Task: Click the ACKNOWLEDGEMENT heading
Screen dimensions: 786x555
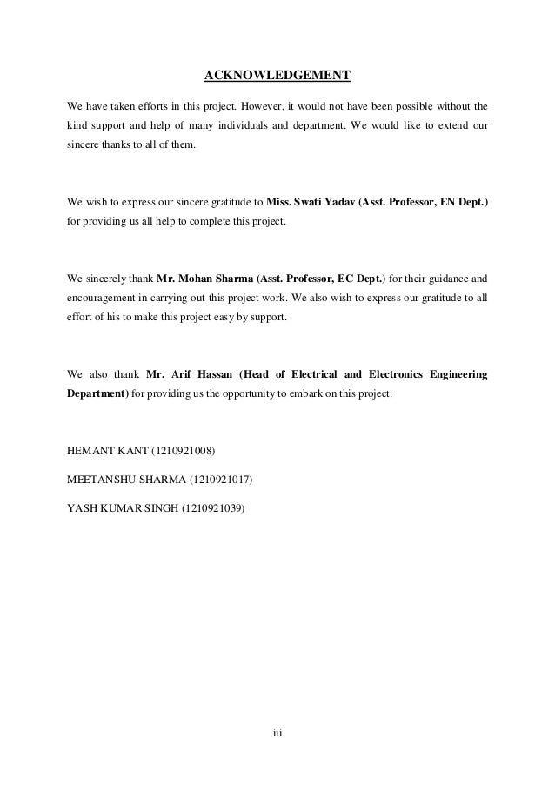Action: (277, 76)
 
